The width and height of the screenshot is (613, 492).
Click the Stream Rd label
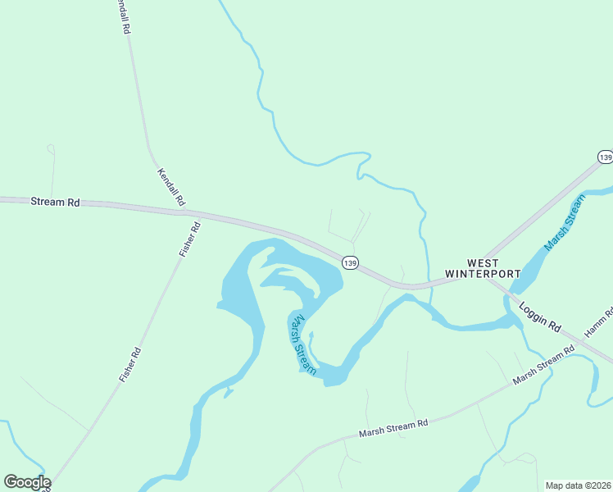(56, 201)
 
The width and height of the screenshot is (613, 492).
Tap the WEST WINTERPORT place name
(483, 267)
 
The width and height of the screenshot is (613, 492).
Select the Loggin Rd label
(539, 317)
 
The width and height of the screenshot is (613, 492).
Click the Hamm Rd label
(599, 323)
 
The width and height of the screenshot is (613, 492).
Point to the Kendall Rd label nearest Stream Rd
(171, 187)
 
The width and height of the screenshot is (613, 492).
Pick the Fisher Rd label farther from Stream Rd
(130, 365)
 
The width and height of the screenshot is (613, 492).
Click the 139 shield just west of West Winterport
(351, 262)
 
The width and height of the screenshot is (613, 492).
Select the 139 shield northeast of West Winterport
(605, 157)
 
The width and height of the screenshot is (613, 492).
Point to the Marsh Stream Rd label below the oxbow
(394, 428)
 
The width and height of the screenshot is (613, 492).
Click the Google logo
(27, 482)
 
